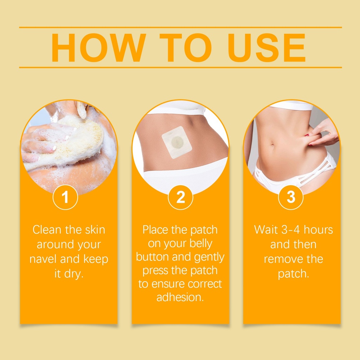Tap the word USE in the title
click(x=266, y=48)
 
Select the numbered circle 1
click(x=65, y=197)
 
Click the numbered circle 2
click(x=180, y=197)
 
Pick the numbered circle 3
click(x=291, y=197)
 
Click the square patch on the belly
click(x=176, y=142)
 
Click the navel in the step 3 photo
click(x=273, y=145)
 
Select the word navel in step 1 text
click(x=44, y=259)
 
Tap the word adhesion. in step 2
click(x=180, y=297)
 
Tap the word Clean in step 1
click(x=47, y=230)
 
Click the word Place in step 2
click(x=155, y=230)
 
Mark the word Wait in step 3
click(x=266, y=230)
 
